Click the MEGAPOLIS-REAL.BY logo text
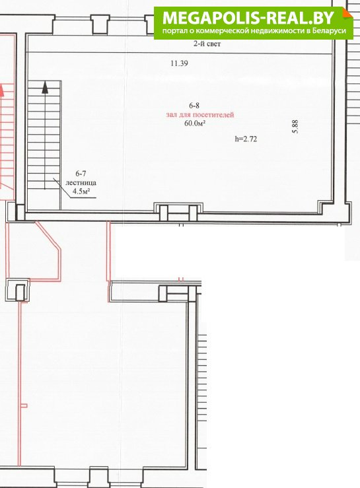coord(248,18)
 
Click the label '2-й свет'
coord(207,44)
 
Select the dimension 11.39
coord(180,63)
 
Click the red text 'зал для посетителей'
coord(200,115)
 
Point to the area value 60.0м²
coord(195,123)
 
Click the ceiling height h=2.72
coord(246,139)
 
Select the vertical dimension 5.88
coord(295,127)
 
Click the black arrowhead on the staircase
coord(45,87)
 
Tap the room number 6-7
coord(81,174)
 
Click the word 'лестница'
coord(81,183)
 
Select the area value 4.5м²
coord(81,191)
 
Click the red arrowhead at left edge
coord(1,90)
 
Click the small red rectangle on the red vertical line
coord(24,405)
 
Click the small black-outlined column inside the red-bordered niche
coord(20,293)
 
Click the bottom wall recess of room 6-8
coord(179,211)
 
